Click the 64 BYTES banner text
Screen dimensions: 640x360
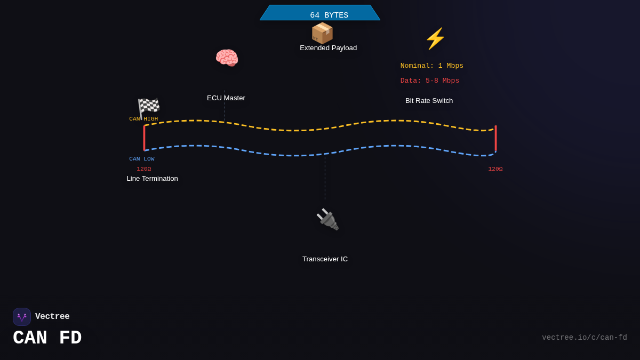point(329,15)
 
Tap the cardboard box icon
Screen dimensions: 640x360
point(322,33)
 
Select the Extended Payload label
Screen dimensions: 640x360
point(329,47)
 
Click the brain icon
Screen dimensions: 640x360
point(227,58)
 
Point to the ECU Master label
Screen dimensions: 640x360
point(226,98)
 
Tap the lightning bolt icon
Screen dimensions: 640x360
point(435,38)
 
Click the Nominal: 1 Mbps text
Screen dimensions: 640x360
point(431,66)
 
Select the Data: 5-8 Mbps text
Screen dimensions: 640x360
point(430,81)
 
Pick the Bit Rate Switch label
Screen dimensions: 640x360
point(429,101)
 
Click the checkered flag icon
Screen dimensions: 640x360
point(149,108)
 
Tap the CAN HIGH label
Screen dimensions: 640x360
point(143,119)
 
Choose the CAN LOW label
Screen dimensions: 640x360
point(142,159)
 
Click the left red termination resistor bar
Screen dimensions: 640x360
point(145,138)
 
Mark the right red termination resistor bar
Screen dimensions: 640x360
point(495,138)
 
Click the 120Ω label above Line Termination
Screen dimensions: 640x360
point(143,169)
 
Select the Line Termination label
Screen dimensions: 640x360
point(153,179)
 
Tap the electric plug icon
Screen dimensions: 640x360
point(327,219)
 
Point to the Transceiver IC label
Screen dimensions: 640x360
point(325,259)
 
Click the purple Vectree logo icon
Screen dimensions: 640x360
point(22,317)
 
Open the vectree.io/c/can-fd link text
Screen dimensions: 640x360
point(585,338)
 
